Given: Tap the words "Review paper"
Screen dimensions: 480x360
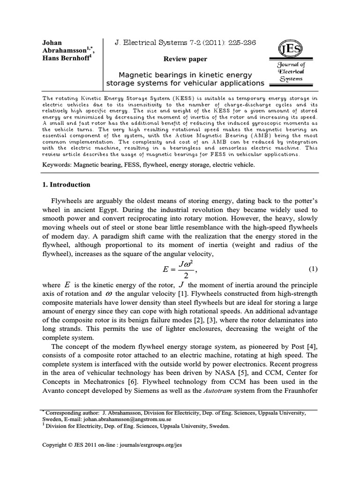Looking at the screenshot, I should (185, 59).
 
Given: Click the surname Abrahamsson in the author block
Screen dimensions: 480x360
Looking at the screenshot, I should (64, 51).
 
